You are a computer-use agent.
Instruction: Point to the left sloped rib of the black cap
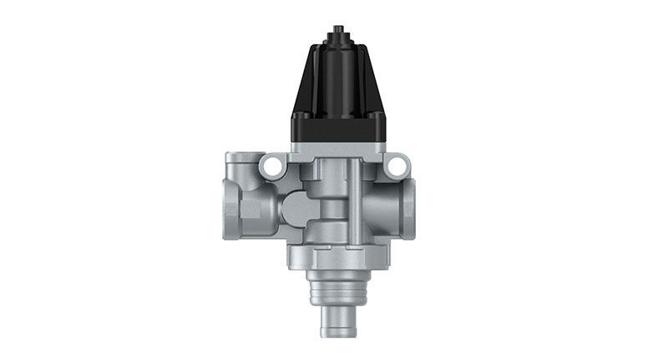tap(306, 84)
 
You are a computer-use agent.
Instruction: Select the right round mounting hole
tap(395, 168)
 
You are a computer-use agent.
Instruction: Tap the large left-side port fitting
tap(250, 205)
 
